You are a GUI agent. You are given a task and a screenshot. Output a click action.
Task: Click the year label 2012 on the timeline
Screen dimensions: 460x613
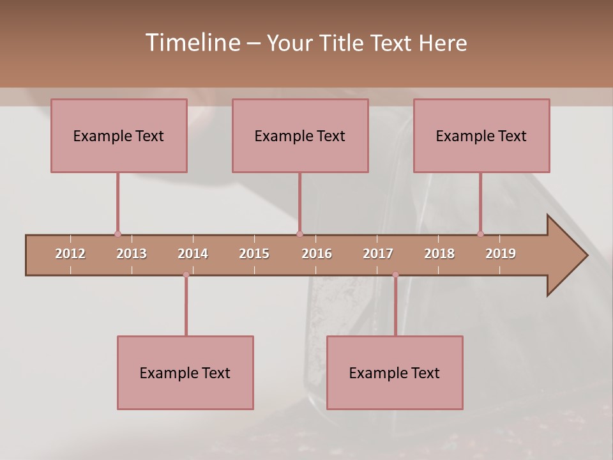(70, 254)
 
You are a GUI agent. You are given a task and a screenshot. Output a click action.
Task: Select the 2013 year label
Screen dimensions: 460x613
(132, 254)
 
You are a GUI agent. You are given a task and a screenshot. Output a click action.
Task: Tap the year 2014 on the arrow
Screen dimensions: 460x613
(193, 254)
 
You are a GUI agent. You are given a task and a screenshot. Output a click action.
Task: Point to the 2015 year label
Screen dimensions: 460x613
(254, 254)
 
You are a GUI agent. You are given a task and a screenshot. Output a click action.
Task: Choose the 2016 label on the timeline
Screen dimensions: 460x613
(317, 254)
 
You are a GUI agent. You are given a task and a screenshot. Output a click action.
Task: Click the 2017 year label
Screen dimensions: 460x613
(378, 254)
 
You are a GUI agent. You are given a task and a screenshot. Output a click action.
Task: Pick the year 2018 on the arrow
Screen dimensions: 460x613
(439, 254)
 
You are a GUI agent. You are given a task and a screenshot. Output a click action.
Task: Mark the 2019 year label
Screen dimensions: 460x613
(501, 254)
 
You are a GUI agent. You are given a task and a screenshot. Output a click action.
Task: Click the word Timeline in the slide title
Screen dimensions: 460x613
(192, 43)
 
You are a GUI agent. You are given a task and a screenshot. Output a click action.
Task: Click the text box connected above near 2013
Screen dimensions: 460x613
(119, 135)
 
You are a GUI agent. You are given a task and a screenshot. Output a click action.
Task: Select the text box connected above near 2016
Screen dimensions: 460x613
(300, 135)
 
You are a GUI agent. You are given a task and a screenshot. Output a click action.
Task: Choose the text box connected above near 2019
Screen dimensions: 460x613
(481, 135)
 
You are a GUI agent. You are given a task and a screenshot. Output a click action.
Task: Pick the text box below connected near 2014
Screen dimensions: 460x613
(185, 372)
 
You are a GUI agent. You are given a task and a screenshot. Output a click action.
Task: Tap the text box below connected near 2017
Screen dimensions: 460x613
(395, 372)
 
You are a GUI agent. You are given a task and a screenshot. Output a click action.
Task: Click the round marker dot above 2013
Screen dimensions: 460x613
(117, 234)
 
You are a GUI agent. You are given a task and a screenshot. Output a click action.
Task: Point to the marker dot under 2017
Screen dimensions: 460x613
(395, 275)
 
